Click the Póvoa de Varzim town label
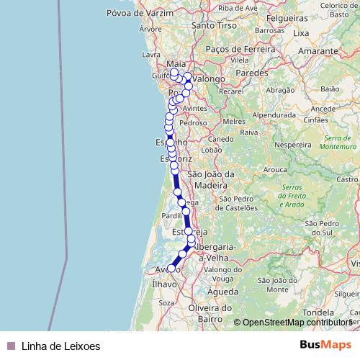coord(150,13)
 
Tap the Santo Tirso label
coord(210,25)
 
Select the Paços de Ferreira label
coord(240,49)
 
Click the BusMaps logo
coord(325,345)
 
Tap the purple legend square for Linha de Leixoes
coord(10,346)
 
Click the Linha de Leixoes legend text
coord(60,346)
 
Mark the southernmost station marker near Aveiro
coord(171,268)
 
